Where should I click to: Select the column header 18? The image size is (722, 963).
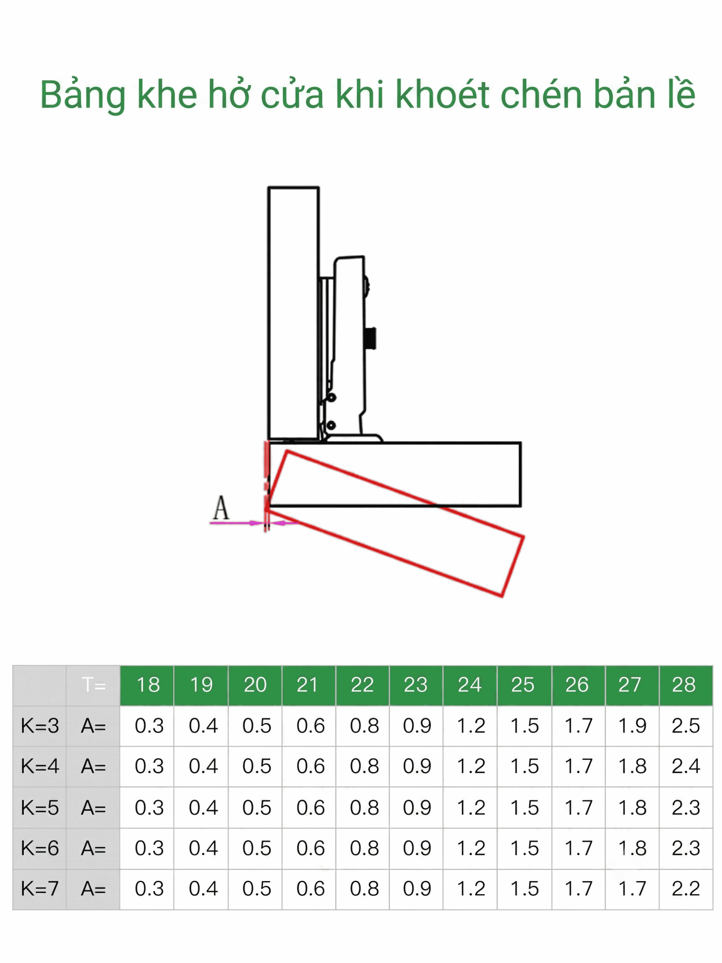coord(148,685)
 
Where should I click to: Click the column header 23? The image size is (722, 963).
coord(415,685)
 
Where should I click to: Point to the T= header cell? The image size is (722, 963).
coord(94,685)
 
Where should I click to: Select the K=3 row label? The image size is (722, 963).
coord(40,726)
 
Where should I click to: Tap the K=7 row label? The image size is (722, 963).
coord(40,889)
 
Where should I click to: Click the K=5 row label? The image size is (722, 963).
coord(40,808)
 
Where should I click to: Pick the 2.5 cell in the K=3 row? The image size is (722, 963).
coord(685,726)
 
